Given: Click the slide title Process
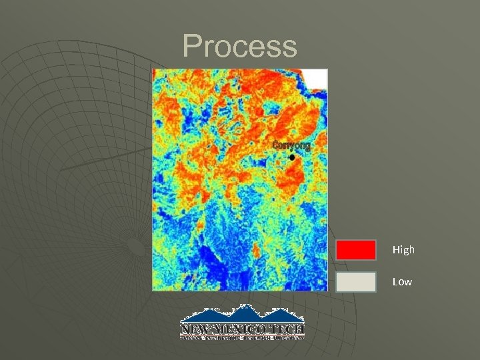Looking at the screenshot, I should (x=240, y=47).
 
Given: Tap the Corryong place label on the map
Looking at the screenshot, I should (x=291, y=145).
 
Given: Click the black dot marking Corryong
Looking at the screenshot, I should (x=292, y=157).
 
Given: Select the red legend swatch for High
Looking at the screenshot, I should (x=356, y=250).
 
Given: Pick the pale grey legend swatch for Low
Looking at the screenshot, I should (x=356, y=282).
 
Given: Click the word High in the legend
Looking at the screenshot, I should (x=403, y=250).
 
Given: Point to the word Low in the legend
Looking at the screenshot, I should (x=402, y=282).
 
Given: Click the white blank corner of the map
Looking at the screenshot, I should (x=316, y=79).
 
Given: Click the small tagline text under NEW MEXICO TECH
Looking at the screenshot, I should (x=243, y=337).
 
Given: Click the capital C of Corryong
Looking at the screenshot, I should (x=275, y=145).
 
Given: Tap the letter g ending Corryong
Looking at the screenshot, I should (x=307, y=146).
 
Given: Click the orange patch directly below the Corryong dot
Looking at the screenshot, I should (x=291, y=175).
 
